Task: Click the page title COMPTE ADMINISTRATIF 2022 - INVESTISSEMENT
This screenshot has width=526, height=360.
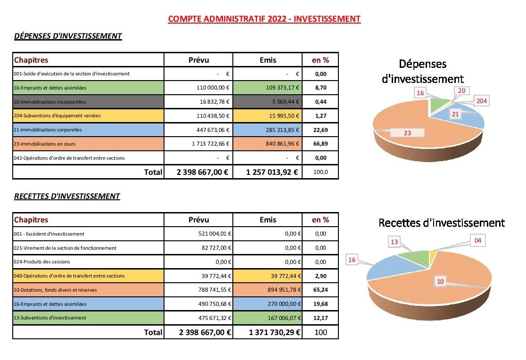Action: point(264,19)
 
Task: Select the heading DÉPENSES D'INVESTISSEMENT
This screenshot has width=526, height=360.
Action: point(68,36)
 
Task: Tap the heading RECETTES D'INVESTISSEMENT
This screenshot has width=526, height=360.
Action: point(67,196)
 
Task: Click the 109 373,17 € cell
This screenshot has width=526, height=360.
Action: point(267,88)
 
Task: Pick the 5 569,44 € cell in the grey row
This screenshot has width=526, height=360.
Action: point(267,102)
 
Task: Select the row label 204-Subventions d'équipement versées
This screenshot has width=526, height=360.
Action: point(57,116)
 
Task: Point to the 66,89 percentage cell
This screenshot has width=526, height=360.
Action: point(321,144)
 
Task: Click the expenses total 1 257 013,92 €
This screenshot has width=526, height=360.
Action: point(272,172)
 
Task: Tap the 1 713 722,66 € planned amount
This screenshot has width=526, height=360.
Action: point(211,144)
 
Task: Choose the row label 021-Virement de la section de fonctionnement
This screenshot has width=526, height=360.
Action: point(65,248)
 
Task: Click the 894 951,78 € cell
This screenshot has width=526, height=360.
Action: point(267,290)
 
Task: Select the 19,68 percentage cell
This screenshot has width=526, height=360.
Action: point(321,304)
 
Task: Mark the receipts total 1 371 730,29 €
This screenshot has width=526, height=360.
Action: point(274,332)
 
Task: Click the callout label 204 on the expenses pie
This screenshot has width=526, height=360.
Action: point(481,101)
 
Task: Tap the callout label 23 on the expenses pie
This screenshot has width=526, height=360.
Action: point(407,133)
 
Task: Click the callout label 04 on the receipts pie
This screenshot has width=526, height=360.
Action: point(478,241)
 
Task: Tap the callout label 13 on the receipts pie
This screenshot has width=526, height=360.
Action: point(394,242)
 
